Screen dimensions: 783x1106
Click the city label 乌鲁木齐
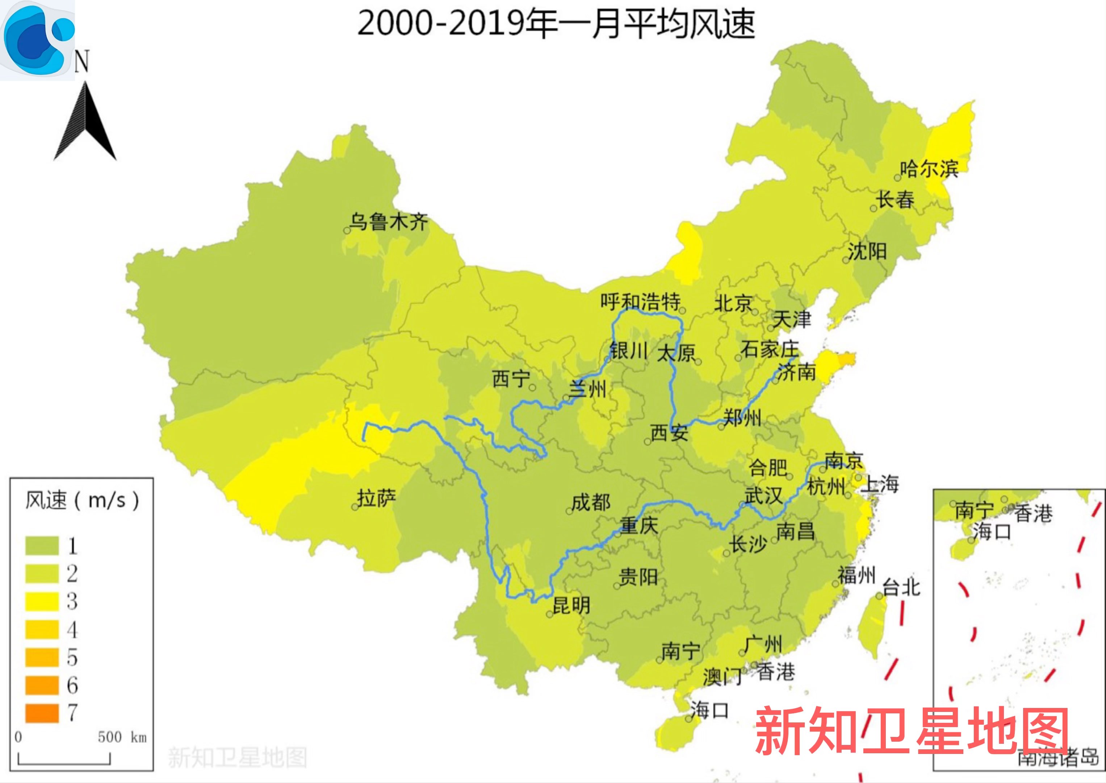(388, 222)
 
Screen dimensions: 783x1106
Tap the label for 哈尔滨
(929, 169)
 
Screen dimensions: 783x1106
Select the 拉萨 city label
(377, 498)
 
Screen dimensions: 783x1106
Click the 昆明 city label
(571, 606)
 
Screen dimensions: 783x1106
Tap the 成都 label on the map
(591, 502)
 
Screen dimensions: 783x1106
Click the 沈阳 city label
(867, 251)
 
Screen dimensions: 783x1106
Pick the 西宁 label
(511, 378)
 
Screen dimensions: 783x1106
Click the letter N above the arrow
(82, 62)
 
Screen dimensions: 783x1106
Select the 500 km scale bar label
(122, 737)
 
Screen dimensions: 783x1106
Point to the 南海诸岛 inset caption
(1058, 757)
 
